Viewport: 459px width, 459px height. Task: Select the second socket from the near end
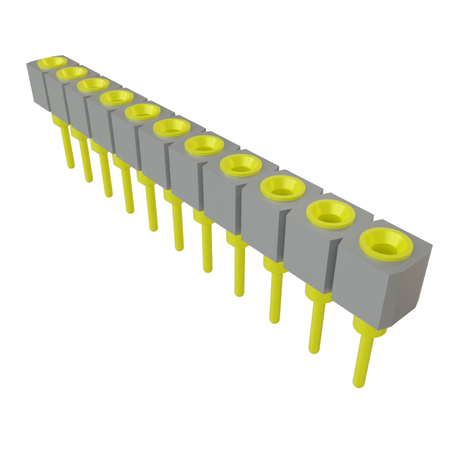(330, 215)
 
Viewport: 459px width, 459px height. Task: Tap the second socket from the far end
(72, 72)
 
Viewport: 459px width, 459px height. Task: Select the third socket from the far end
(93, 84)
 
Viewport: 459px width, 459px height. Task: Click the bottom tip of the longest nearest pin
(359, 384)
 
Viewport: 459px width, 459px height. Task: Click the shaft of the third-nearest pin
(275, 296)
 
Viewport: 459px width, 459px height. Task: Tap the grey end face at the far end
(36, 85)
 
